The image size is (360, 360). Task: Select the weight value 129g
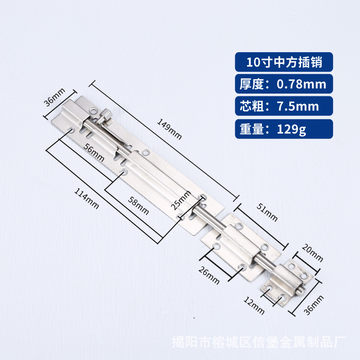(x=289, y=130)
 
